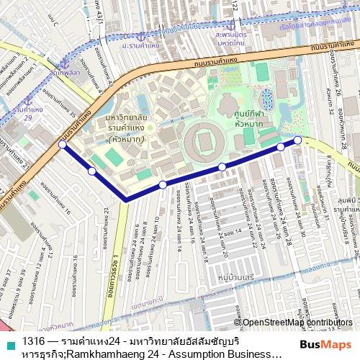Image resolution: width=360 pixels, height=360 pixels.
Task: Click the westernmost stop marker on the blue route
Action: (63, 145)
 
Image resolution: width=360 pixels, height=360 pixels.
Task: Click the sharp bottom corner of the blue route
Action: (126, 199)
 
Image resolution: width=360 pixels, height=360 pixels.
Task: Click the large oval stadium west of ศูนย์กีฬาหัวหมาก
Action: (205, 141)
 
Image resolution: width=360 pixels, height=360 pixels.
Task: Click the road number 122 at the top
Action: (234, 6)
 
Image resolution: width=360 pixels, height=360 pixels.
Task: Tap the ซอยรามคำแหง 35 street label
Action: (62, 106)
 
